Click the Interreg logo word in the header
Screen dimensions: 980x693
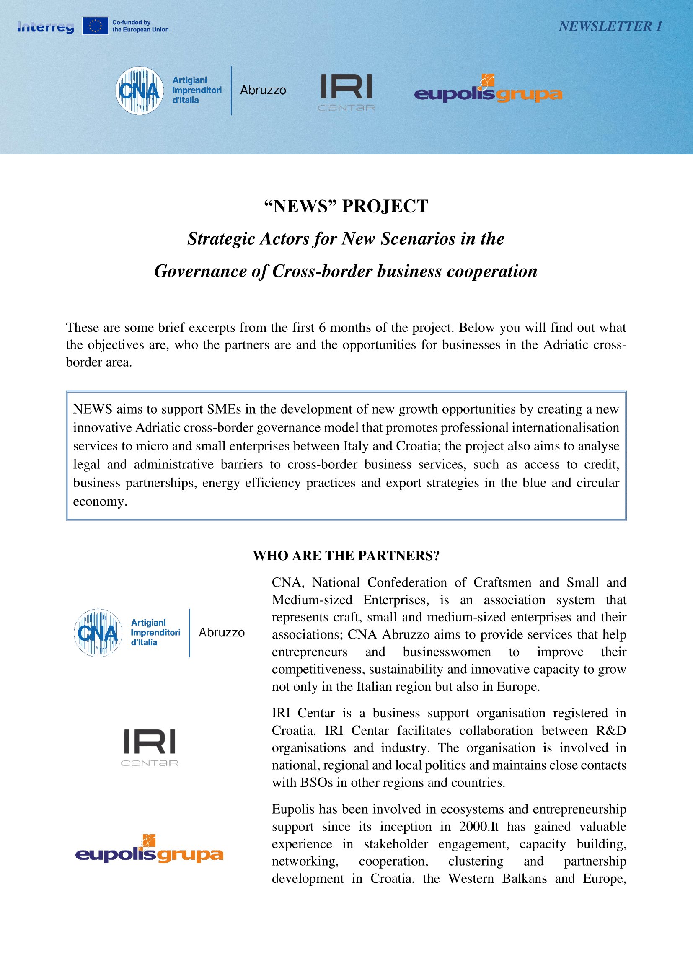pyautogui.click(x=46, y=27)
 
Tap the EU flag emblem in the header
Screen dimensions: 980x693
pyautogui.click(x=95, y=26)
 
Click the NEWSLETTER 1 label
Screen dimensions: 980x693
pyautogui.click(x=610, y=26)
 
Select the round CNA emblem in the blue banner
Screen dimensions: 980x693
pyautogui.click(x=140, y=91)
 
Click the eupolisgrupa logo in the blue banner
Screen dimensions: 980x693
pyautogui.click(x=488, y=91)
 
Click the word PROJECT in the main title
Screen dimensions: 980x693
pyautogui.click(x=385, y=207)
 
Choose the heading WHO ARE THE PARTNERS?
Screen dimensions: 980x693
pyautogui.click(x=346, y=556)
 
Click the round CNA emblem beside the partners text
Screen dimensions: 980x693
pyautogui.click(x=98, y=633)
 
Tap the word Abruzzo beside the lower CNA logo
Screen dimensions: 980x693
pyautogui.click(x=222, y=633)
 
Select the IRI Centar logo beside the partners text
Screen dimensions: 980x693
pyautogui.click(x=149, y=747)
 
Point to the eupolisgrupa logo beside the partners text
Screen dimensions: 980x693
pyautogui.click(x=149, y=849)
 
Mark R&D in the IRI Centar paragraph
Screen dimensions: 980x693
pyautogui.click(x=610, y=730)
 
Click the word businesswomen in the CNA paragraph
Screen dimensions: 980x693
pyautogui.click(x=446, y=652)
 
